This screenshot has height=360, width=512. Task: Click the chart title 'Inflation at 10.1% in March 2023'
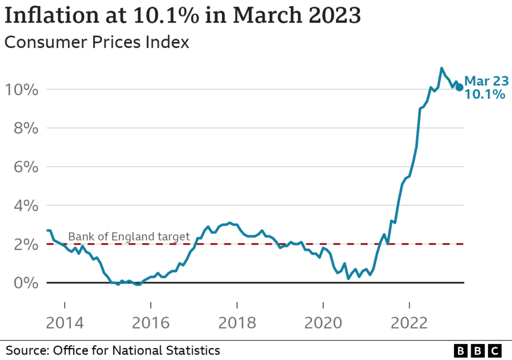pyautogui.click(x=182, y=16)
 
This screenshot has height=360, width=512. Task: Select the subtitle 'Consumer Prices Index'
pyautogui.click(x=96, y=42)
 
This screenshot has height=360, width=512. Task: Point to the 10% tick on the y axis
pyautogui.click(x=21, y=90)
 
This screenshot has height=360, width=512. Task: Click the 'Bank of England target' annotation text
pyautogui.click(x=129, y=236)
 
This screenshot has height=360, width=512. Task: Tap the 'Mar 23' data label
pyautogui.click(x=486, y=81)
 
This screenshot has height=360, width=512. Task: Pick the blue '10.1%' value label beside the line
pyautogui.click(x=485, y=94)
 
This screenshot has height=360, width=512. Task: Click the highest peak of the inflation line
pyautogui.click(x=441, y=68)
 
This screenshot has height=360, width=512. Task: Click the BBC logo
pyautogui.click(x=477, y=351)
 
